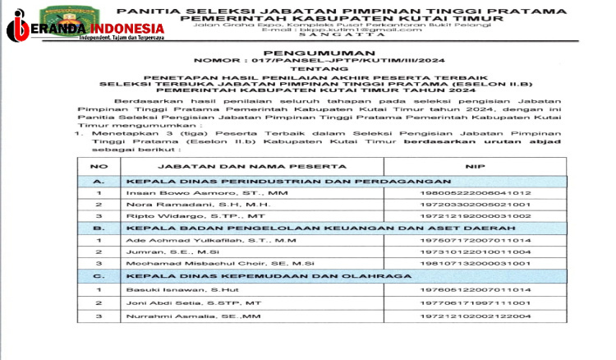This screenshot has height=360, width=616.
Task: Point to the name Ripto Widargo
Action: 168,215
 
